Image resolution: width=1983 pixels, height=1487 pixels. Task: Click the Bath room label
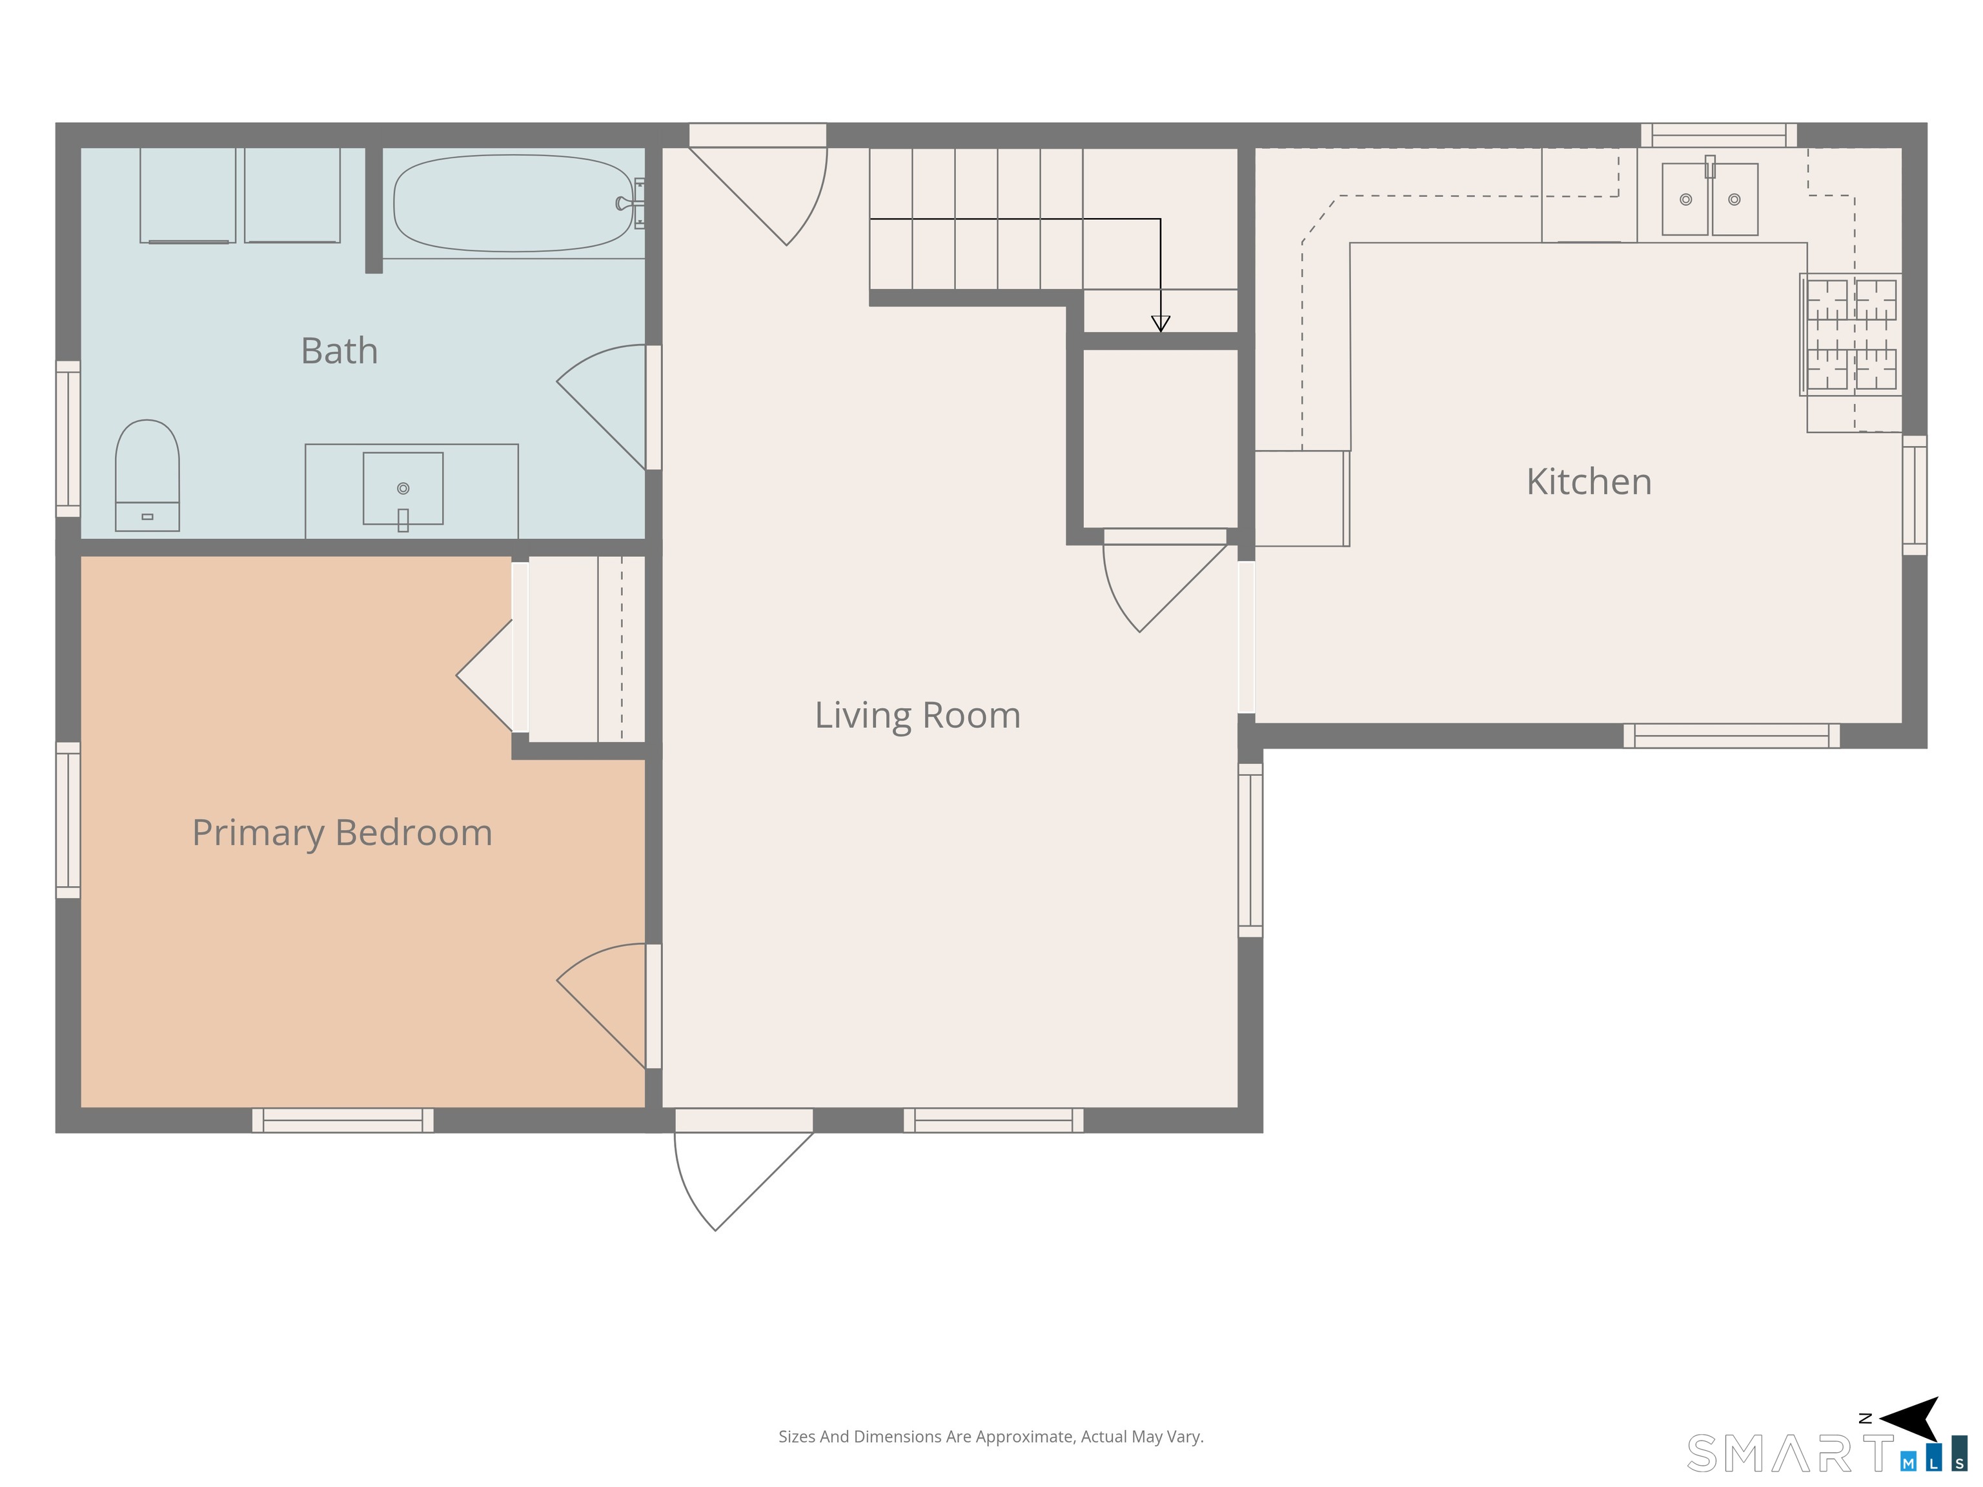point(339,350)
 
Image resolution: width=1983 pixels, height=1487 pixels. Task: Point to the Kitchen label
point(1589,481)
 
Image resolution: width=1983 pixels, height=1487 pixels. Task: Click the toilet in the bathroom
point(147,475)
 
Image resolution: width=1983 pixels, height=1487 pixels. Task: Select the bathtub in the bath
point(513,203)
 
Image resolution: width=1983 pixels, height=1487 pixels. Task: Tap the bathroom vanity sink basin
point(403,489)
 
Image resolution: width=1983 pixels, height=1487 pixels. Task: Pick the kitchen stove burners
point(1850,334)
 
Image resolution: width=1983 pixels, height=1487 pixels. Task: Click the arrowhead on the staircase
point(1161,323)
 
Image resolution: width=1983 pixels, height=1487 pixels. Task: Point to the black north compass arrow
point(1911,1419)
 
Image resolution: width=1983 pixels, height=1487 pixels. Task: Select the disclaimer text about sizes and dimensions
point(991,1437)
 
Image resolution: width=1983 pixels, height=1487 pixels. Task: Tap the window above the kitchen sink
point(1718,136)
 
